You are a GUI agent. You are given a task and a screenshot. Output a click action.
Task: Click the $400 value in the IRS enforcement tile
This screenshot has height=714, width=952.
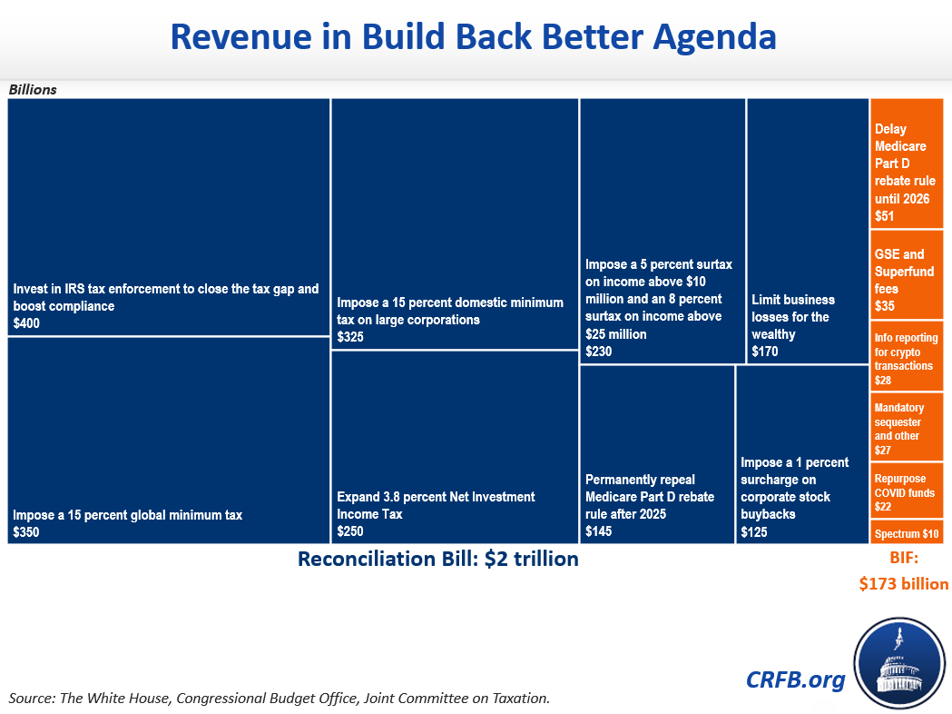tap(26, 323)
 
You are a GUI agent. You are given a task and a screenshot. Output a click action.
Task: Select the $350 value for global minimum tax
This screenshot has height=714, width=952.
tap(26, 532)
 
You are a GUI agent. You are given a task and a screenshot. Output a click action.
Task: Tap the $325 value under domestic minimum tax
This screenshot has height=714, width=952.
tap(350, 337)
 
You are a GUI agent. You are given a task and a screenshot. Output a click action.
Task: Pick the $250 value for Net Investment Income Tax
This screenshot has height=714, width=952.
tap(350, 531)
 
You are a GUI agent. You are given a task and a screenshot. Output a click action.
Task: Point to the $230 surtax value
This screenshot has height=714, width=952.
tap(599, 352)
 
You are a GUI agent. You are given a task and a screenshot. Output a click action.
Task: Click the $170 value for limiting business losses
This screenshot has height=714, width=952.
tap(765, 352)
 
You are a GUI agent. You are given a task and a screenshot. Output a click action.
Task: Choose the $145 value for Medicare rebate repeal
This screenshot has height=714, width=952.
tap(599, 531)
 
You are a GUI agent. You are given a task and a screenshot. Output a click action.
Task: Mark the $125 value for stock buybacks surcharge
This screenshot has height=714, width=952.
tap(754, 532)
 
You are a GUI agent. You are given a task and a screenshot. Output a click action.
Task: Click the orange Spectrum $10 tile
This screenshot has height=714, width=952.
tap(907, 533)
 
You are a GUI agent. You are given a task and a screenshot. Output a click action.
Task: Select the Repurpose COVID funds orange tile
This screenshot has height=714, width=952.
tap(907, 491)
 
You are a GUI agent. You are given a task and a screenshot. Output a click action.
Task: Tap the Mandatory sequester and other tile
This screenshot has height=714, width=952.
tap(907, 428)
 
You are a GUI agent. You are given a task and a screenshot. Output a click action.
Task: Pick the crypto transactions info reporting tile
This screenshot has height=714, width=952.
tap(907, 357)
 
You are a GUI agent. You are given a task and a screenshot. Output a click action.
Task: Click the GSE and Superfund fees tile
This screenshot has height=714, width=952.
tap(907, 280)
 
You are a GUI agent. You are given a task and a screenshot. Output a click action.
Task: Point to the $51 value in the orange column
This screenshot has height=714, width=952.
tap(884, 216)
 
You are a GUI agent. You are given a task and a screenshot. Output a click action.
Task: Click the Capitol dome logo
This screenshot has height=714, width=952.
tap(898, 662)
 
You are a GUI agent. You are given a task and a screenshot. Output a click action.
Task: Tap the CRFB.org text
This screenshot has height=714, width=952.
tap(795, 679)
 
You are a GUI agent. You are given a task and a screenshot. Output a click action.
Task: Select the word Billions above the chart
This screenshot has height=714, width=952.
tap(33, 90)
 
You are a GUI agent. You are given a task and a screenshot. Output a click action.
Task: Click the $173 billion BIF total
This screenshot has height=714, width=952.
tap(904, 584)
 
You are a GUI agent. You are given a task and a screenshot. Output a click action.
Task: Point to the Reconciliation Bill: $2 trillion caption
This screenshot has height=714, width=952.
tap(438, 559)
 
